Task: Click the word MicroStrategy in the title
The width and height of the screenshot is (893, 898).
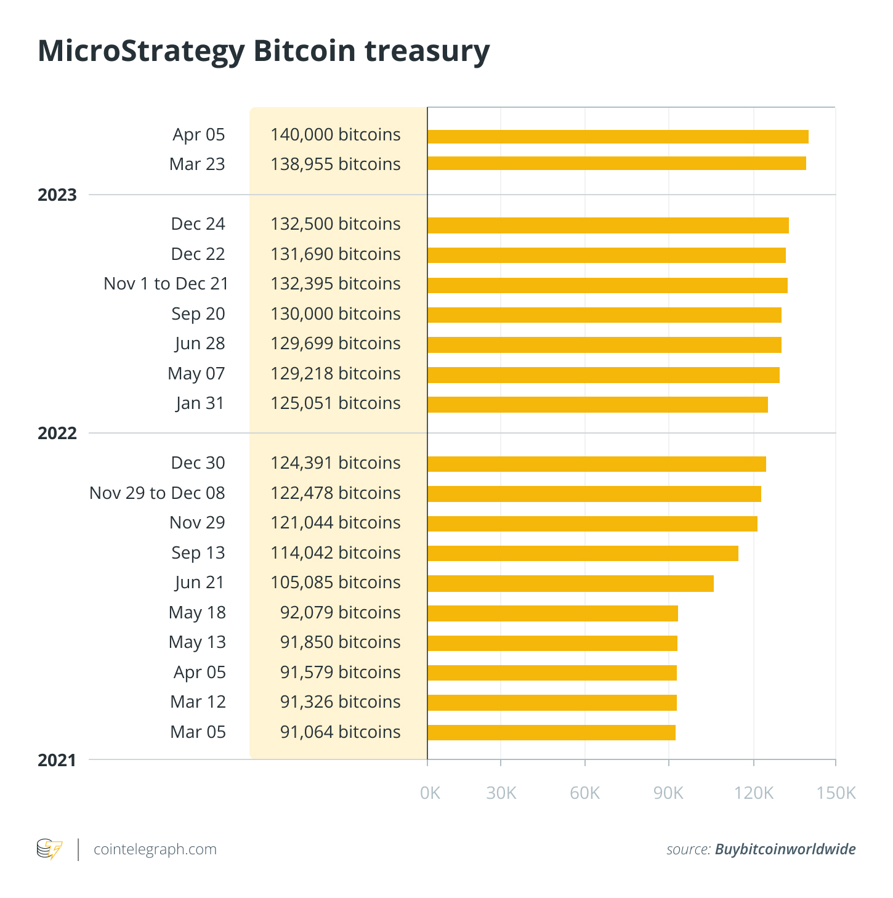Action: pos(141,51)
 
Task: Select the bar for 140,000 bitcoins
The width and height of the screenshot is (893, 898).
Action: pos(618,137)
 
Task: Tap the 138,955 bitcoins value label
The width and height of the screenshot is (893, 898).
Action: pos(335,164)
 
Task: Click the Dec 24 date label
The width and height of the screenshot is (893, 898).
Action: pos(198,224)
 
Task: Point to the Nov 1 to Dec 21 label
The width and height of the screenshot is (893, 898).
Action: pos(166,284)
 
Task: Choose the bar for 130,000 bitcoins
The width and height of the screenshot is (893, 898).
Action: pos(604,315)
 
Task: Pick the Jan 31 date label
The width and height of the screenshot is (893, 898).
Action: pos(200,403)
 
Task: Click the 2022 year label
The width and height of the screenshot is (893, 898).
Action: pos(57,434)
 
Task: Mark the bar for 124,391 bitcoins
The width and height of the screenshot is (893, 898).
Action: pos(596,464)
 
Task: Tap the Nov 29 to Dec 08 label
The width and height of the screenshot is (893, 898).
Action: pos(157,493)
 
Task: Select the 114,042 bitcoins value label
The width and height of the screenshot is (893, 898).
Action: pos(335,553)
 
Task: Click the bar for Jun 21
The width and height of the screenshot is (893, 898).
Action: pos(570,583)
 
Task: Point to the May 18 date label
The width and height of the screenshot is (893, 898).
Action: pos(197,613)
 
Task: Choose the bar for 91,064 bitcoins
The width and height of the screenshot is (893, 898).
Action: pos(551,732)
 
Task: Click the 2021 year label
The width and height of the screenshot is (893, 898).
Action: pos(57,761)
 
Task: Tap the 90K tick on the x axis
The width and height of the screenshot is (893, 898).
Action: pos(668,793)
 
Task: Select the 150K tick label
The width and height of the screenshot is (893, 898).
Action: pos(836,793)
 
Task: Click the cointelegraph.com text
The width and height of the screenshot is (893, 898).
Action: pos(155,849)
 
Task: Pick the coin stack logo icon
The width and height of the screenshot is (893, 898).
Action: pos(49,849)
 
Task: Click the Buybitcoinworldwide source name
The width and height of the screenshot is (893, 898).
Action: pos(785,849)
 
